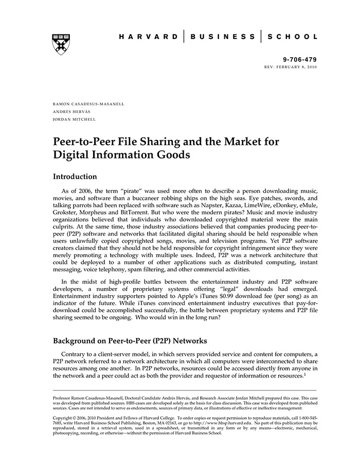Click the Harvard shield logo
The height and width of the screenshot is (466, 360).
tap(61, 45)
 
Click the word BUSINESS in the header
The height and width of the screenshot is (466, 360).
tap(222, 37)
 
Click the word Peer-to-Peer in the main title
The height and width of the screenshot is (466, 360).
tap(84, 141)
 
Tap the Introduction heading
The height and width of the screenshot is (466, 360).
tap(75, 176)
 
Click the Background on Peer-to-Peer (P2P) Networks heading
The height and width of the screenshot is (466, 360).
tap(137, 341)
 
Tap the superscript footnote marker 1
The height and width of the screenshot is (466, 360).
tap(304, 373)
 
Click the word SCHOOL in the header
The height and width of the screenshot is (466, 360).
tap(295, 37)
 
